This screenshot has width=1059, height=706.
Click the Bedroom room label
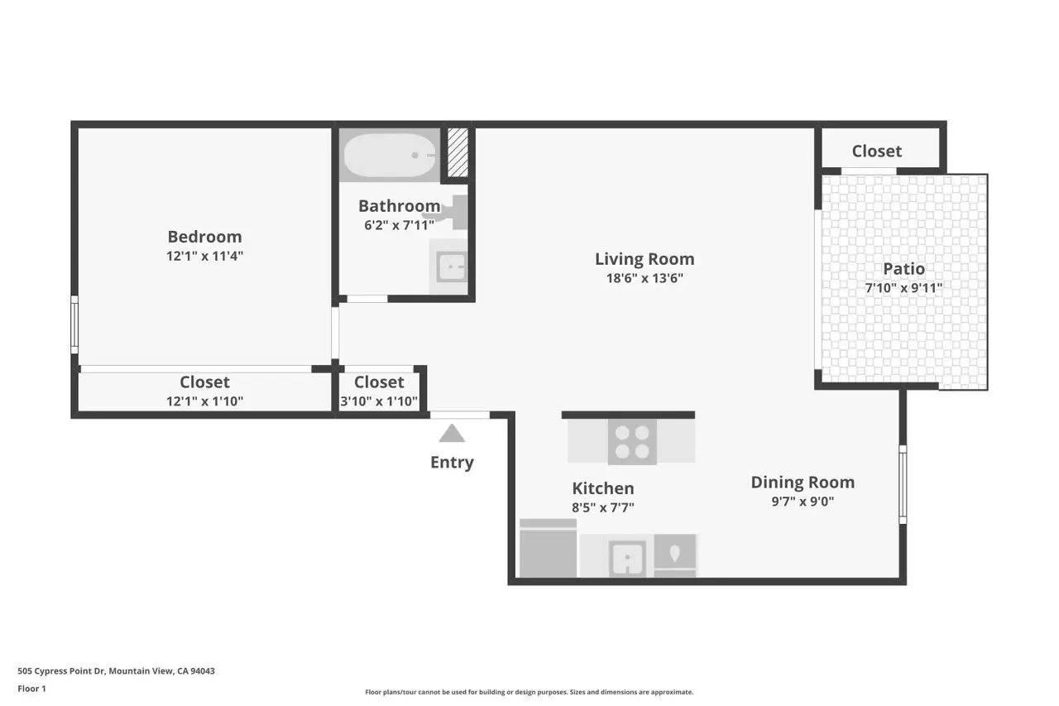click(x=204, y=237)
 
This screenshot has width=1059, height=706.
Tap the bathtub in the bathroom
click(x=389, y=155)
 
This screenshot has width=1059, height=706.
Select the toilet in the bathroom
click(x=451, y=213)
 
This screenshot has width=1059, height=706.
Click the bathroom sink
click(x=451, y=266)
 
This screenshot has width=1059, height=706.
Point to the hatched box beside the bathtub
click(x=458, y=152)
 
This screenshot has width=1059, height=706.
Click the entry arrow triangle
click(x=452, y=433)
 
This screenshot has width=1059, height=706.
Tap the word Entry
click(x=452, y=463)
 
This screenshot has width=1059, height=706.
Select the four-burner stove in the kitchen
click(x=632, y=441)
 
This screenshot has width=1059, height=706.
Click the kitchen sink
click(x=628, y=557)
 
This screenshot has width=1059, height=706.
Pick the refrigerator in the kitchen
click(x=548, y=550)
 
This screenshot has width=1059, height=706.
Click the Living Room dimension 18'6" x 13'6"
click(x=645, y=279)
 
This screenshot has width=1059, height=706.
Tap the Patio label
click(x=903, y=269)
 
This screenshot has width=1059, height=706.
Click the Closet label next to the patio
click(x=876, y=151)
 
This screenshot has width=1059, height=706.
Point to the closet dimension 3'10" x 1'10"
click(x=379, y=401)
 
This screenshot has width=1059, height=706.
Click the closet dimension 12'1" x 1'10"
click(x=204, y=401)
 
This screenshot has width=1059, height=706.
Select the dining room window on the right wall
click(x=903, y=484)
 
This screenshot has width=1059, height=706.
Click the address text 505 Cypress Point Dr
click(x=116, y=671)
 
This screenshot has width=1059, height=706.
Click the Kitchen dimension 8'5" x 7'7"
click(x=603, y=507)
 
